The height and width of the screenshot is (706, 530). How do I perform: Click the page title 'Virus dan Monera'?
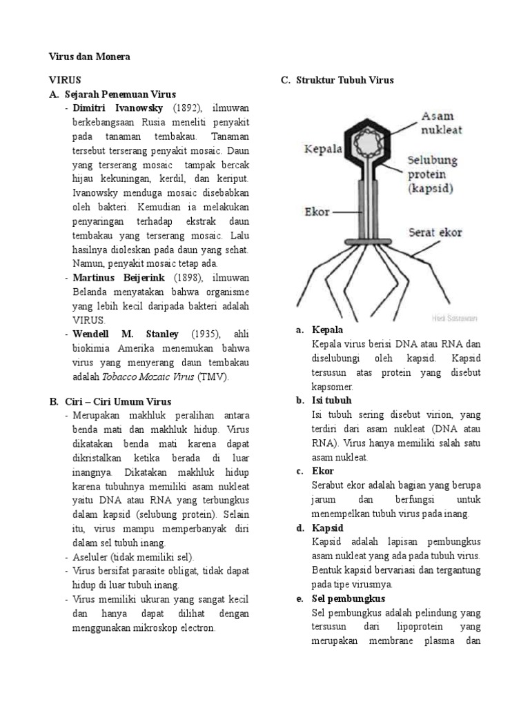(88, 57)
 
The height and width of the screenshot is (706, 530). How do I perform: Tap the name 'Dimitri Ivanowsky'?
(118, 109)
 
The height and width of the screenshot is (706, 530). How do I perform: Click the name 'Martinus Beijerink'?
(118, 278)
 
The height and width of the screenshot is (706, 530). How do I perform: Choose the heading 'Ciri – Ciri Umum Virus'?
(118, 401)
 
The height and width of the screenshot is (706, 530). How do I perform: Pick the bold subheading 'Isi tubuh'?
(332, 401)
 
